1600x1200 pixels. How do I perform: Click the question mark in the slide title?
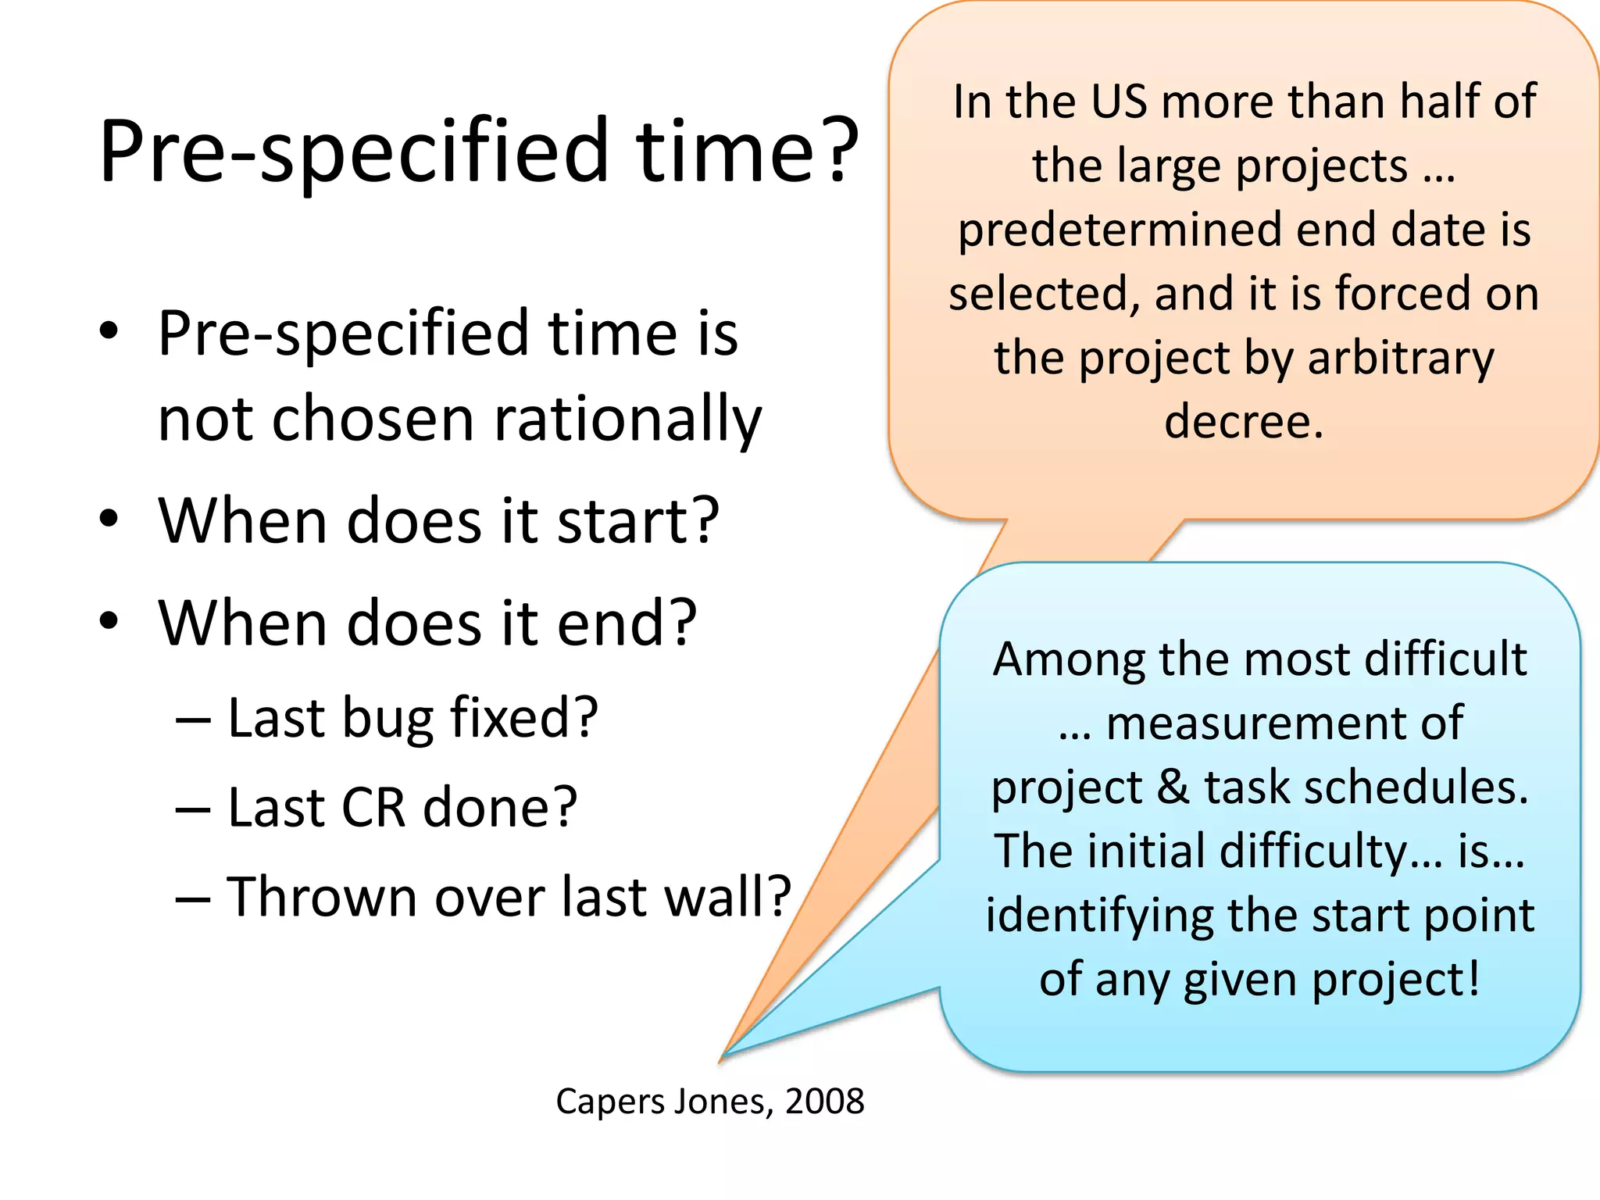[834, 150]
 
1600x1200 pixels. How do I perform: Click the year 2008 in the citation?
[824, 1102]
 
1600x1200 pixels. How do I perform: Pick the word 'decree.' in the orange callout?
[1244, 422]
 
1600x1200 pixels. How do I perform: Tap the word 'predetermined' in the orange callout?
[1120, 230]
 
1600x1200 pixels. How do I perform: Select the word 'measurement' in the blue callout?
[1247, 723]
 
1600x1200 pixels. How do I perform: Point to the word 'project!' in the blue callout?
[1396, 980]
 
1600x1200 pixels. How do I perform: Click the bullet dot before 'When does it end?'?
[109, 622]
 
